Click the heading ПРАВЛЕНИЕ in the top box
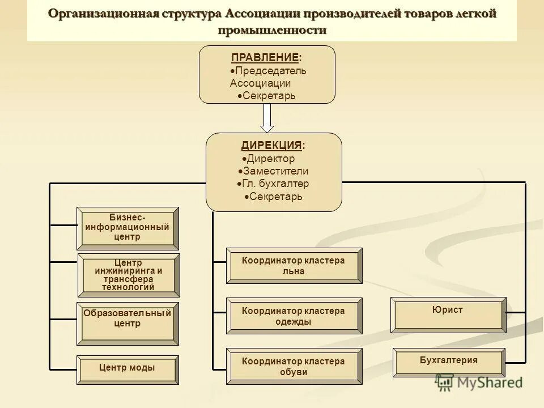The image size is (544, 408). [265, 58]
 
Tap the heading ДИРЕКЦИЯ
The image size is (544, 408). [271, 146]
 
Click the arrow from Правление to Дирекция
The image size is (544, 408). [267, 118]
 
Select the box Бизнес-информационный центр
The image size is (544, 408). [127, 228]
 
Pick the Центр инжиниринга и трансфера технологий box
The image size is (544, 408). [128, 275]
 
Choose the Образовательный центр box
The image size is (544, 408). [127, 324]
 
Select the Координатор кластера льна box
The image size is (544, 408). [294, 265]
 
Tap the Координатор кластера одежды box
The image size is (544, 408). [294, 316]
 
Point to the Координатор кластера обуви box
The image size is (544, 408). [294, 366]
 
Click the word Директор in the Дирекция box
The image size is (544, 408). [270, 159]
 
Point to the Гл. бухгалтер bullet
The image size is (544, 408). [275, 184]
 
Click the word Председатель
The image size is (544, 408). [271, 71]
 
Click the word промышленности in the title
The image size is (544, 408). [272, 30]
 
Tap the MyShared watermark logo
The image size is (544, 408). [479, 383]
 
